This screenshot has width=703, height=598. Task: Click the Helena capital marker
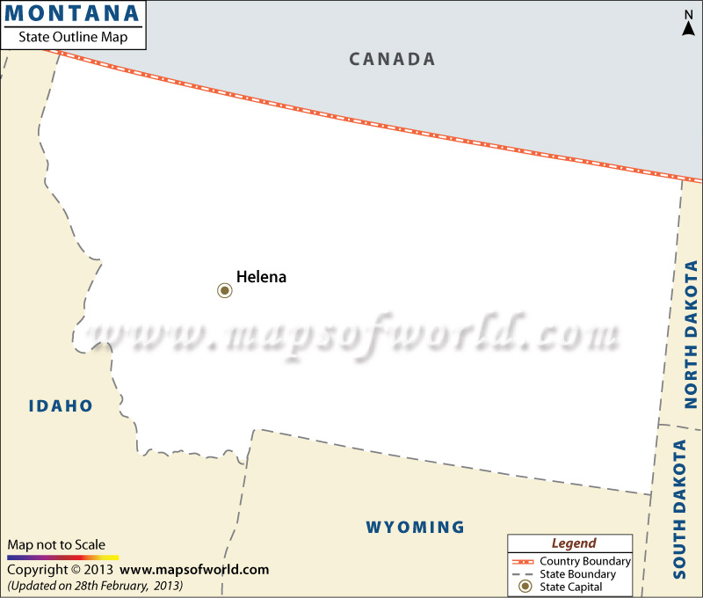[225, 290]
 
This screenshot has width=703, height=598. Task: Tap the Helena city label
[261, 276]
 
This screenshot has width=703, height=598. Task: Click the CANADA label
[392, 59]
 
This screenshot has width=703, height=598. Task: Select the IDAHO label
[61, 405]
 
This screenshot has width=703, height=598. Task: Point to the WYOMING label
[415, 528]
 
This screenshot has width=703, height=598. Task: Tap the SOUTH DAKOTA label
[679, 509]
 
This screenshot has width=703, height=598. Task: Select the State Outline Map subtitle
[73, 37]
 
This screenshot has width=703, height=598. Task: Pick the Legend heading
[573, 543]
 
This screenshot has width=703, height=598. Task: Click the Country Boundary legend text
[585, 561]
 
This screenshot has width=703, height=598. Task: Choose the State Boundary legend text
[578, 574]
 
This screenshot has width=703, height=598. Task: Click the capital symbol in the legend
[525, 587]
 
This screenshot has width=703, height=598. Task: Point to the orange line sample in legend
[525, 561]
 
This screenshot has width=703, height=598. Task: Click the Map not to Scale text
[56, 544]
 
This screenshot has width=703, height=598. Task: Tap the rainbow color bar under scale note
[62, 558]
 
